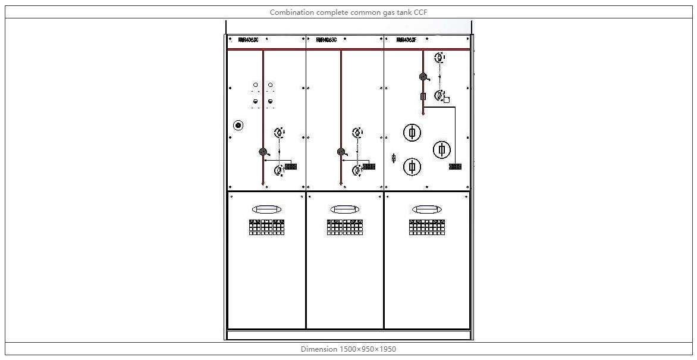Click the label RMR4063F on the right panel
tap(406, 40)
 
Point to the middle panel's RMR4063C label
tap(326, 40)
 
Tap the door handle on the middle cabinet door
tap(344, 209)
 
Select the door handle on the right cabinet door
tap(426, 209)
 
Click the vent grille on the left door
tap(266, 227)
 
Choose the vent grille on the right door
tap(426, 227)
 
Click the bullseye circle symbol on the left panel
tap(238, 125)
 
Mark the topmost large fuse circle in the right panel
tap(412, 132)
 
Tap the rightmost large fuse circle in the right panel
tap(441, 149)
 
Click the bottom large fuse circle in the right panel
tap(412, 167)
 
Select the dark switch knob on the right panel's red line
tap(423, 77)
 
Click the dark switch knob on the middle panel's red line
tap(341, 152)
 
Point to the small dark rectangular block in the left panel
tap(291, 167)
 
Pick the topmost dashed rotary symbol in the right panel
tap(439, 58)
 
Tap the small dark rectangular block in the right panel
tap(455, 167)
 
